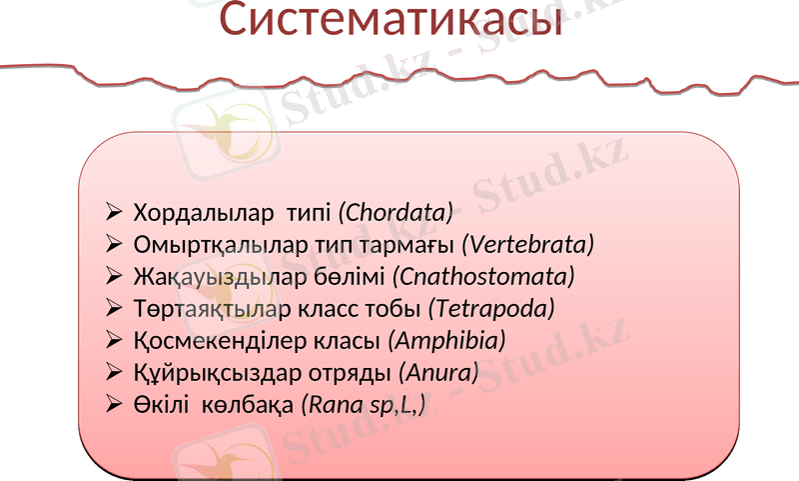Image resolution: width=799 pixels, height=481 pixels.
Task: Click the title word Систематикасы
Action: point(391,22)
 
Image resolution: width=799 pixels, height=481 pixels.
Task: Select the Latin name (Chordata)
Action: point(397,213)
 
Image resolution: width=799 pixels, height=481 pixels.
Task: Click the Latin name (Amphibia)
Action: point(446,340)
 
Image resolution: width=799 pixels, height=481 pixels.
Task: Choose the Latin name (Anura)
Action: point(438,373)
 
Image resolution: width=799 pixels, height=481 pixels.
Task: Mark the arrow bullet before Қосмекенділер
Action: point(113,340)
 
